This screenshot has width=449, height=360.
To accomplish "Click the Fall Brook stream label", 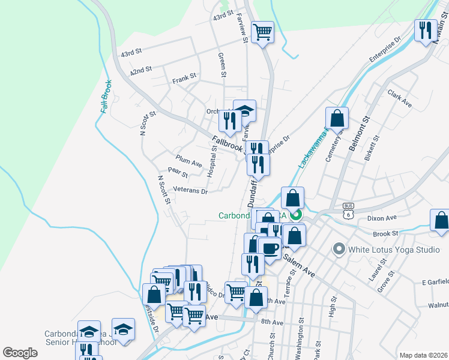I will tap(106, 97).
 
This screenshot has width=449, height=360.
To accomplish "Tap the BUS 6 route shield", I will tap(348, 210).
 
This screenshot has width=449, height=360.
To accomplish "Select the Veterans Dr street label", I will tap(190, 191).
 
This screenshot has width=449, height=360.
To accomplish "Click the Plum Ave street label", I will tap(188, 160).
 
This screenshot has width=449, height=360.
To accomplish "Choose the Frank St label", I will tap(184, 78).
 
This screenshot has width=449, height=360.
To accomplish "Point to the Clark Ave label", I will tap(399, 99).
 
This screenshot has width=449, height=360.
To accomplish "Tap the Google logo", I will tap(20, 353).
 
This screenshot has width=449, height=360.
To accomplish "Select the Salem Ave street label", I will tap(299, 264).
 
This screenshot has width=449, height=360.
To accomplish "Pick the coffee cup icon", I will tap(270, 248).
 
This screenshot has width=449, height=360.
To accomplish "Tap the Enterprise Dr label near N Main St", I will tap(385, 50).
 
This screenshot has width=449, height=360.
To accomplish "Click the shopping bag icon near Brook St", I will tap(441, 220).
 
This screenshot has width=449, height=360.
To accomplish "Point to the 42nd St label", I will tap(140, 70).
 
